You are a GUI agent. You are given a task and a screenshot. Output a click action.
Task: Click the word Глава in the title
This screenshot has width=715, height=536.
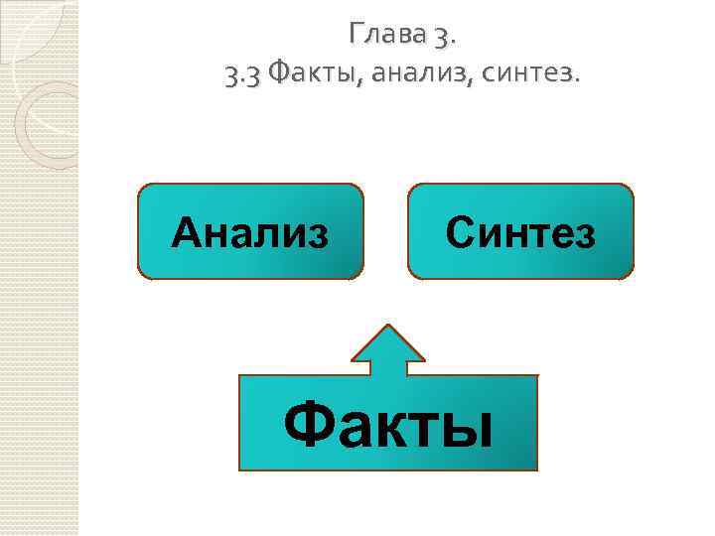pos(385,37)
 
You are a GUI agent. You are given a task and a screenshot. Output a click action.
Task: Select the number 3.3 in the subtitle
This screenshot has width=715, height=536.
pos(243,73)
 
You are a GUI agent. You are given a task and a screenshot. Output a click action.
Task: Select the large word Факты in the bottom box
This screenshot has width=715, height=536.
pos(387,423)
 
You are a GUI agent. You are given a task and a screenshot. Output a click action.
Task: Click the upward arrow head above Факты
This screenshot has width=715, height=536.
pos(388,342)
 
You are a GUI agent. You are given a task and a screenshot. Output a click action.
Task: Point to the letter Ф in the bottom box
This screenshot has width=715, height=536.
pos(305,423)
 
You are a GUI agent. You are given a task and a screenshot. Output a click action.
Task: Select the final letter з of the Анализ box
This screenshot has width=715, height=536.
pos(317,234)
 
